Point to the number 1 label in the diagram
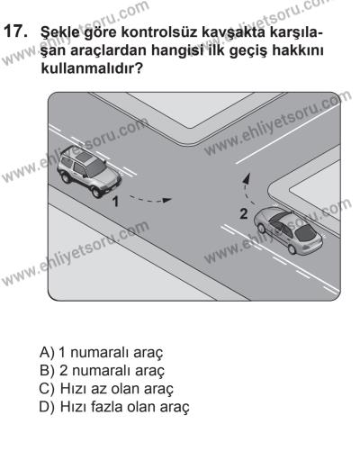click(116, 203)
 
